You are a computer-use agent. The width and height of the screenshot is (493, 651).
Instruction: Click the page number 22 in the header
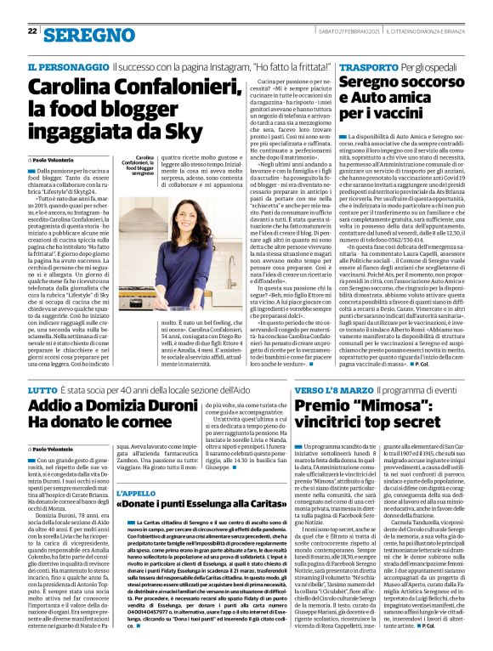[32, 9]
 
